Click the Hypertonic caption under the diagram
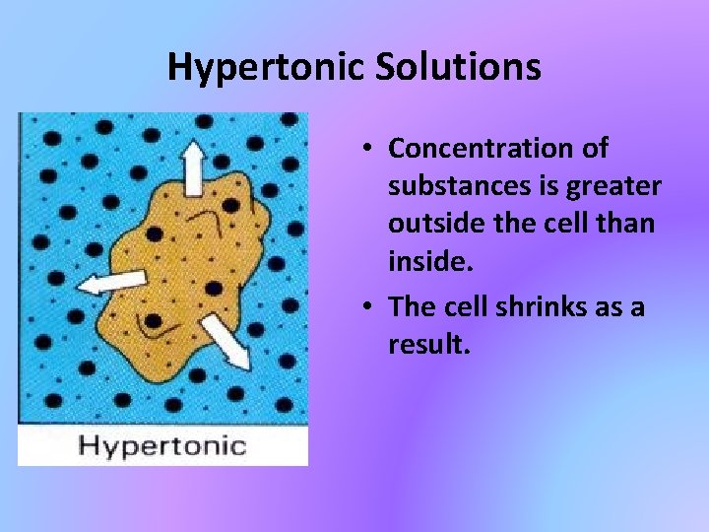pos(162,445)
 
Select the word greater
pos(613,186)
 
